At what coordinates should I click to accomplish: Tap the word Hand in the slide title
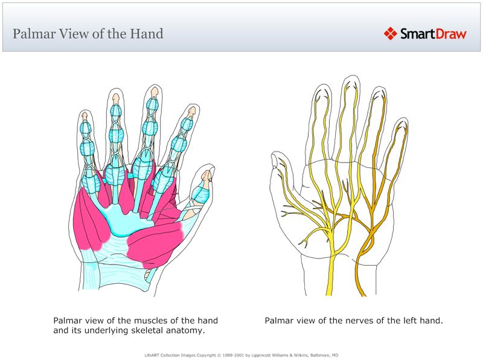(x=146, y=33)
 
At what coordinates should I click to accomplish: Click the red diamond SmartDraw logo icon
(x=391, y=33)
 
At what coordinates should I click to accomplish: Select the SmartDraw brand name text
(x=433, y=34)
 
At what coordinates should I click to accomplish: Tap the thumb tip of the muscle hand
(x=207, y=175)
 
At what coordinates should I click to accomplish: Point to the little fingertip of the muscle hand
(x=85, y=115)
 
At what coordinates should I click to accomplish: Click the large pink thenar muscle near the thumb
(x=154, y=242)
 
